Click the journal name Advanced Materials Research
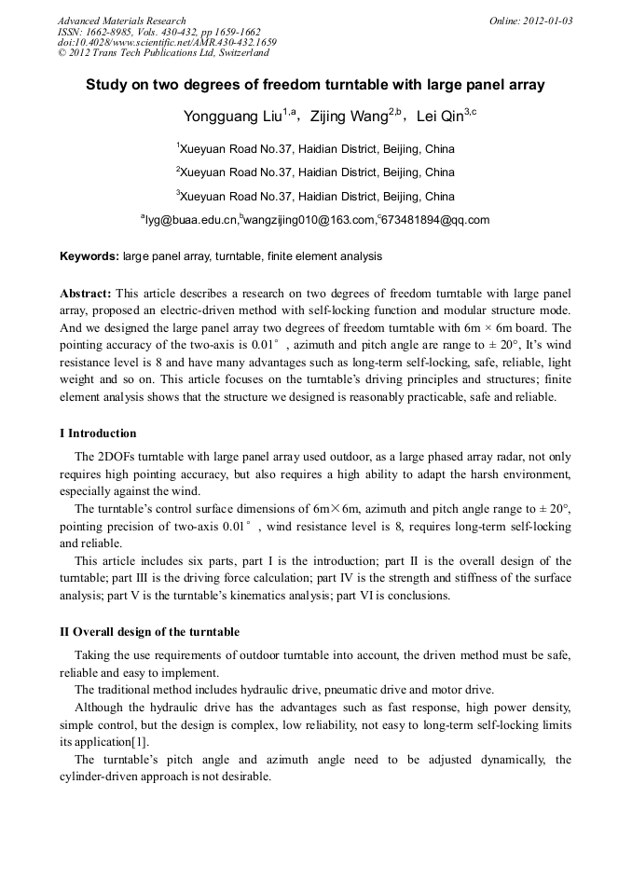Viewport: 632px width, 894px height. (x=122, y=21)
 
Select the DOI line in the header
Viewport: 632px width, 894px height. (x=167, y=42)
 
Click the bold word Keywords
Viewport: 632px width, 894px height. (x=89, y=255)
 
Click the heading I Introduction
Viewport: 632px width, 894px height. (x=98, y=433)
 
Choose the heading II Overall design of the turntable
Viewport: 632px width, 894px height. (x=150, y=632)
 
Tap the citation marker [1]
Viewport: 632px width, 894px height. (x=144, y=741)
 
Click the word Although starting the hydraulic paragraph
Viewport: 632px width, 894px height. (x=100, y=708)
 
